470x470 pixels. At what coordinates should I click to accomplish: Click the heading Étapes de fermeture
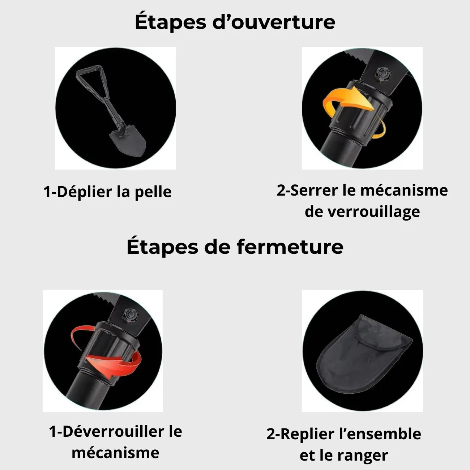[235, 247]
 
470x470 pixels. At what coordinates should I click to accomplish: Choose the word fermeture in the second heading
[290, 247]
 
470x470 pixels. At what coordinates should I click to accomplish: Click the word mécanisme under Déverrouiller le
[115, 453]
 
